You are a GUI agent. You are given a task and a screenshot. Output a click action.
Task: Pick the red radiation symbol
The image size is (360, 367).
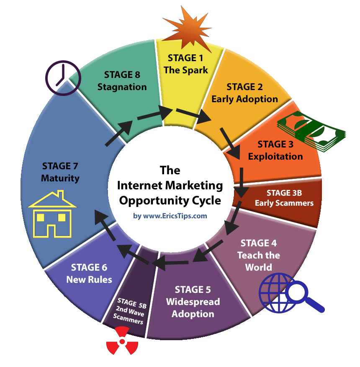click(x=122, y=341)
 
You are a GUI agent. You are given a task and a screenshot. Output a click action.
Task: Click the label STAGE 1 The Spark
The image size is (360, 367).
click(x=186, y=64)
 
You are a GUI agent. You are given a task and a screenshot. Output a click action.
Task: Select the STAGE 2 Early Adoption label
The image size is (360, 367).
click(x=244, y=93)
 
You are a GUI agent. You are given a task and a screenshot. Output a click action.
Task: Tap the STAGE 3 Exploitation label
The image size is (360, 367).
click(x=275, y=150)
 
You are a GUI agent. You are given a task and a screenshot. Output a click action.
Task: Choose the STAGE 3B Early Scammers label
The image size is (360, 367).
click(x=284, y=198)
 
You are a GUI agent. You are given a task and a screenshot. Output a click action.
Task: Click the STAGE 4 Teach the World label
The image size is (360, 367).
click(x=259, y=255)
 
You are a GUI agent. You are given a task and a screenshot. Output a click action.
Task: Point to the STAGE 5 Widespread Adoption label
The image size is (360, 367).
click(x=193, y=301)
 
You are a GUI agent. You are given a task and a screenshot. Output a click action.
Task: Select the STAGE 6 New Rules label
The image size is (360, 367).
click(x=89, y=273)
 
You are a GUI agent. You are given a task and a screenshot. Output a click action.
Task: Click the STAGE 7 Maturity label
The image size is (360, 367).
click(x=60, y=172)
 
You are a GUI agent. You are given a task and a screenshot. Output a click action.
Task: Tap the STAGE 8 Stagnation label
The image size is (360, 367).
click(x=122, y=81)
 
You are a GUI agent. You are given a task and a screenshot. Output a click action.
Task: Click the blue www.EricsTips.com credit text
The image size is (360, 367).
click(x=170, y=216)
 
